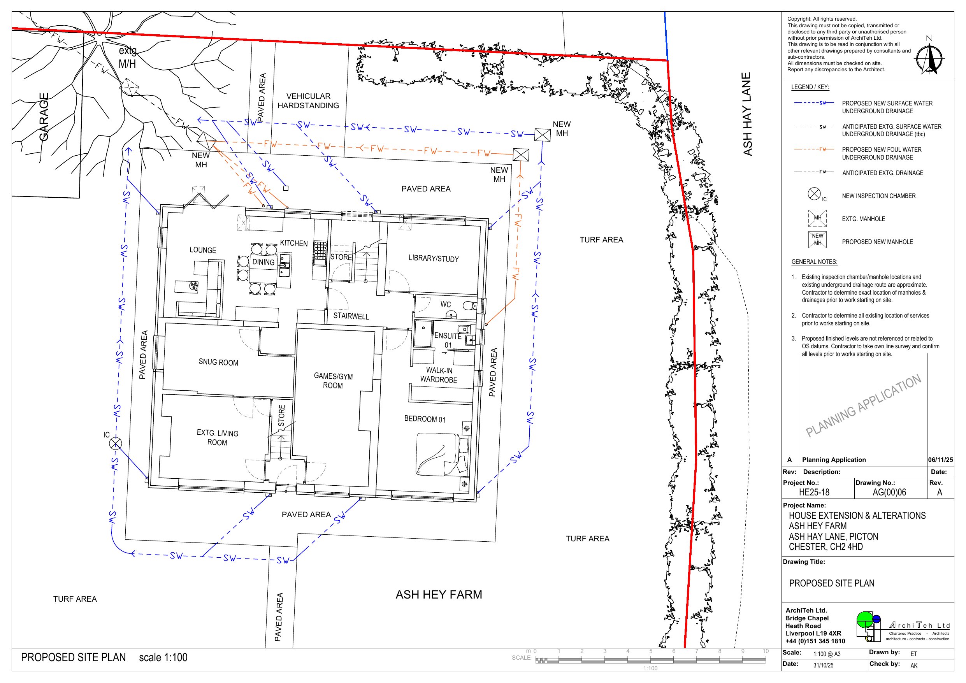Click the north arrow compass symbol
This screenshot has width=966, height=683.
929,59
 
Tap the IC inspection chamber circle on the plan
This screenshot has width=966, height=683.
115,443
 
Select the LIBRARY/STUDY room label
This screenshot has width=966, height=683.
433,258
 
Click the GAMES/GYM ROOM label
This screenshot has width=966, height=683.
333,381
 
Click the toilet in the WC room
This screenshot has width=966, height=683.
469,306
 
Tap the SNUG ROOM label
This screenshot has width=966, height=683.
218,362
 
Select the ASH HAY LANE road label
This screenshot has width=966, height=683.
747,114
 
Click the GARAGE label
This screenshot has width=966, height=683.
44,117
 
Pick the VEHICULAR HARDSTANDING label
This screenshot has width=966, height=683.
308,100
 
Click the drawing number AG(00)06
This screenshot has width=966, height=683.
889,492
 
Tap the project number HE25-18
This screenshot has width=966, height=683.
814,492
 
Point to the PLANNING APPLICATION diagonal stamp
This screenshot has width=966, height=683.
863,406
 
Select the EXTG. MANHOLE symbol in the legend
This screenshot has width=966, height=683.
817,218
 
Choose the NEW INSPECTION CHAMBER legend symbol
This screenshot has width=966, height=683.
814,193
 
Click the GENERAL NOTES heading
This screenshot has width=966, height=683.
814,262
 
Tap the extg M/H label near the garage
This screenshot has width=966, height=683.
128,57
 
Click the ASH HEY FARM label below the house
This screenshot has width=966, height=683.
439,595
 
